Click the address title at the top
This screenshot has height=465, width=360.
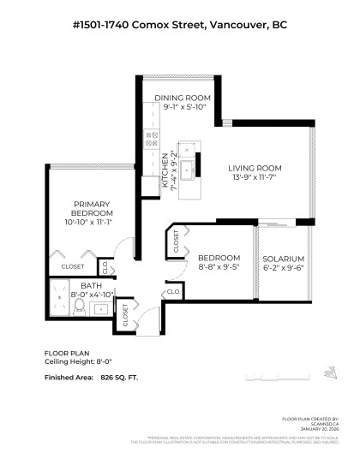[x=179, y=27]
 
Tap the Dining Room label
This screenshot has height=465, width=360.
[x=182, y=98]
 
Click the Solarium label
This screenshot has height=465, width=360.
[x=283, y=259]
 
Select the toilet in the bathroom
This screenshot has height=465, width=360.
[x=79, y=307]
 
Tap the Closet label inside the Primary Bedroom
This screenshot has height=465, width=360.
[x=73, y=266]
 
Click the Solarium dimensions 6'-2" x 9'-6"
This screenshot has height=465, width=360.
[x=283, y=268]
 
